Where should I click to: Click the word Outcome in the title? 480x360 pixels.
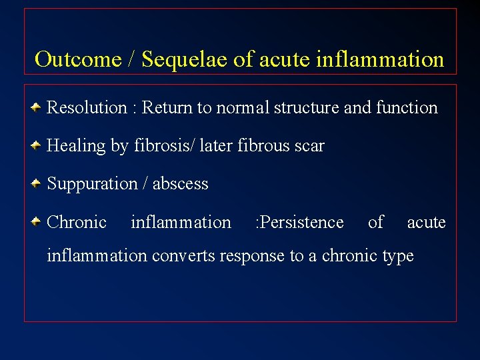[x=77, y=59]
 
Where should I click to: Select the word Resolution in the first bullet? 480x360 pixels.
[x=87, y=107]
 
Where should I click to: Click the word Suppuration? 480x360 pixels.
[x=91, y=184]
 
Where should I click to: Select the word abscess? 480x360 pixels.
[x=180, y=184]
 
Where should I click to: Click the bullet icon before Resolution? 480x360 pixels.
[x=38, y=107]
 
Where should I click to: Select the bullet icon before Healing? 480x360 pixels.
[x=38, y=145]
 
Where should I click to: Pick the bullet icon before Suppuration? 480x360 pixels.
[x=38, y=183]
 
